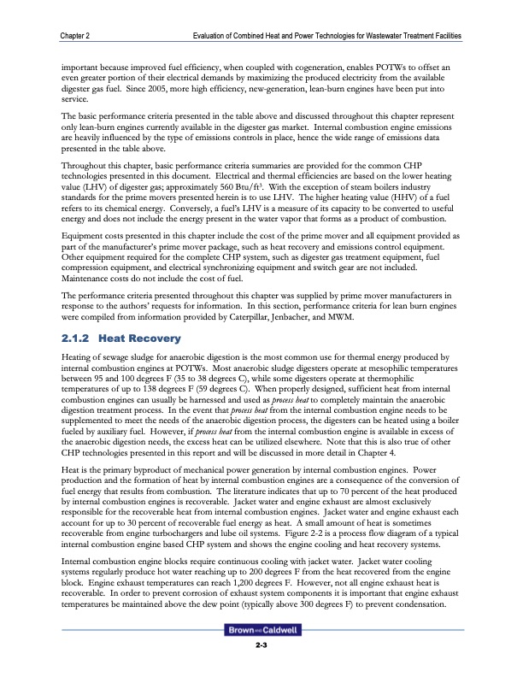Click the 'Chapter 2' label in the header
pyautogui.click(x=77, y=35)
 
